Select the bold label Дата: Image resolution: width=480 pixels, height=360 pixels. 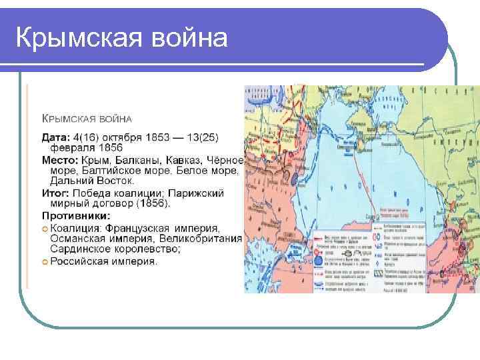pyautogui.click(x=56, y=137)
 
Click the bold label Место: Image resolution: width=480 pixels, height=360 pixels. pyautogui.click(x=59, y=160)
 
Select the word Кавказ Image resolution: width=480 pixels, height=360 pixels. pyautogui.click(x=183, y=160)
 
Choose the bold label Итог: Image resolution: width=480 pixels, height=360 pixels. pyautogui.click(x=56, y=193)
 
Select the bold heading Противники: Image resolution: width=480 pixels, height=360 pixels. pyautogui.click(x=76, y=215)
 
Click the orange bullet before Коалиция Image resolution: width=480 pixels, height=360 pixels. pyautogui.click(x=45, y=228)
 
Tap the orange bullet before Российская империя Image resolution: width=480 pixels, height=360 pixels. pyautogui.click(x=45, y=261)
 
